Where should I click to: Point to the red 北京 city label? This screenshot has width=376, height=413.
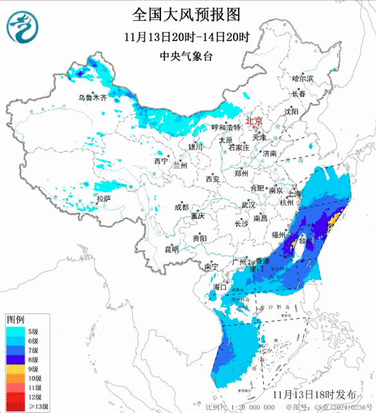[x=255, y=121]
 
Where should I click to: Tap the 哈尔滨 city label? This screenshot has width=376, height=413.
[x=302, y=78]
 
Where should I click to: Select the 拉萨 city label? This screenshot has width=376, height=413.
[x=103, y=199]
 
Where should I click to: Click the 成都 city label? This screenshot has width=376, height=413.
[x=182, y=207]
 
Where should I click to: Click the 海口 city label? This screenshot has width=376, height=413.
[x=220, y=286]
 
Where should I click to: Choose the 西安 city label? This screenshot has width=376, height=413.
[x=212, y=179]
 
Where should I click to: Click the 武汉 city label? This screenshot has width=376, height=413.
[x=248, y=205]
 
